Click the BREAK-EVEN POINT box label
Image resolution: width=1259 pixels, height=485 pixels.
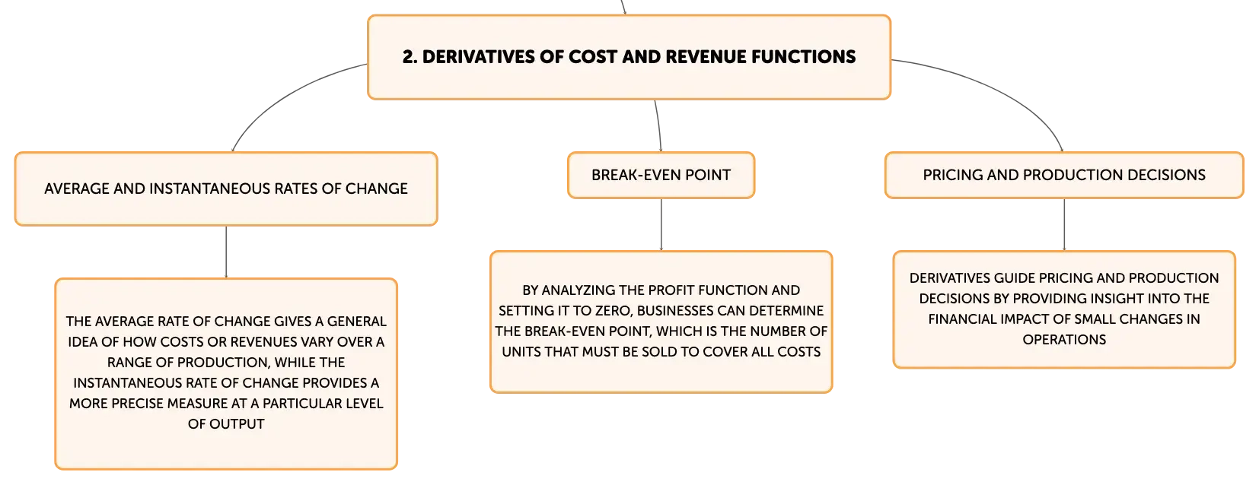point(661,175)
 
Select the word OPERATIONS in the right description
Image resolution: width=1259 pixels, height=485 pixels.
point(1064,340)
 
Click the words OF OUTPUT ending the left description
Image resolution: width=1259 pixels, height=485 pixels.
point(226,424)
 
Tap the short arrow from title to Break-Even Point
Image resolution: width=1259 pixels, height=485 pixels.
point(658,125)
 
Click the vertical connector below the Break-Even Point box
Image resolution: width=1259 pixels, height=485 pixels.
point(661,224)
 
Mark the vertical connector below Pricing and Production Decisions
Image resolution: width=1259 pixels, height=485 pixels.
point(1064,224)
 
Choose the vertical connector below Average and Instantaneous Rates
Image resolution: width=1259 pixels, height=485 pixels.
point(226,252)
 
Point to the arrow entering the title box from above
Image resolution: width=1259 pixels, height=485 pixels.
point(623,7)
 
